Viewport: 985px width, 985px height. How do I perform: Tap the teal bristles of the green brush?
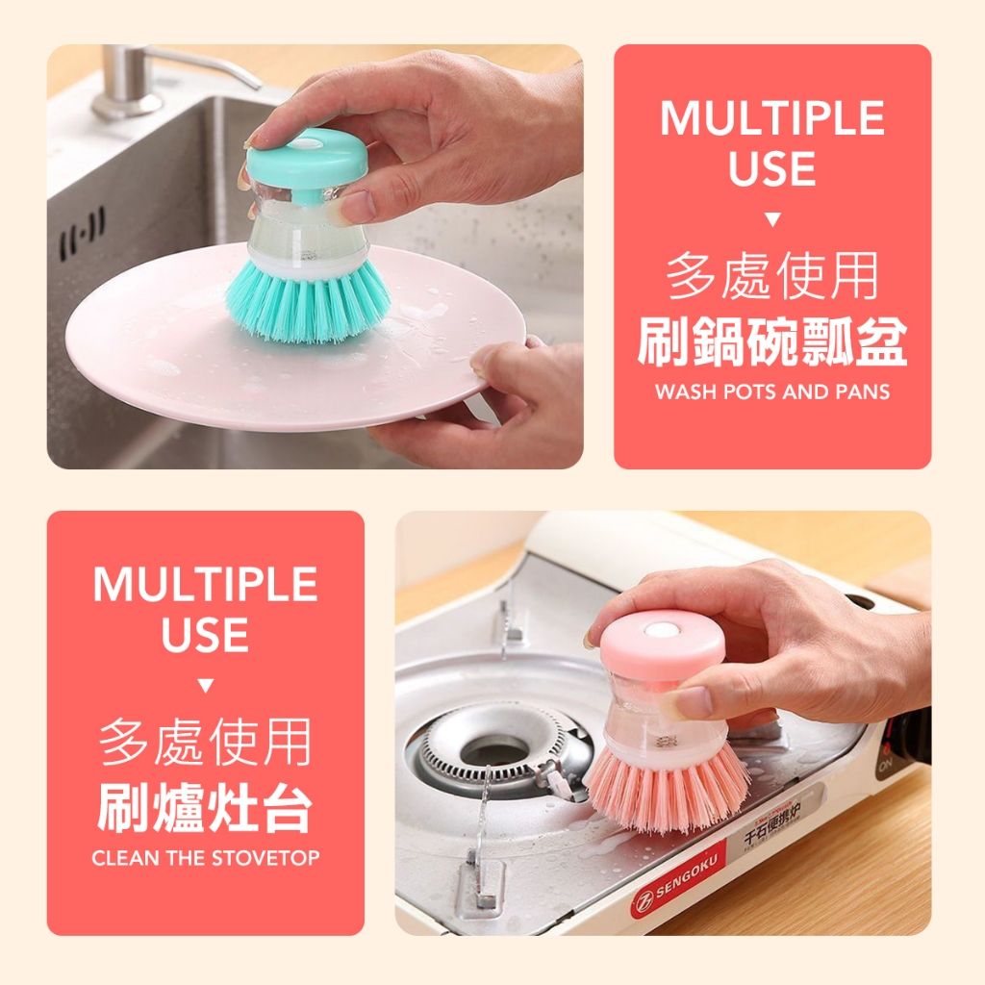(x=308, y=301)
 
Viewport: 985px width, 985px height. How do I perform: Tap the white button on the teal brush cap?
(x=307, y=143)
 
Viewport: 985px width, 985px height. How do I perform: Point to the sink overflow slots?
(x=82, y=233)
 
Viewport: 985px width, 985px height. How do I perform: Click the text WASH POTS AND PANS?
(x=772, y=392)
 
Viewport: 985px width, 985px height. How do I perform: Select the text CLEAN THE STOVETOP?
(x=206, y=858)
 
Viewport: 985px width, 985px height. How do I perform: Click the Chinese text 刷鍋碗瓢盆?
(x=772, y=341)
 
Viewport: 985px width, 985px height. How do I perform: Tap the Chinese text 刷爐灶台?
(x=206, y=807)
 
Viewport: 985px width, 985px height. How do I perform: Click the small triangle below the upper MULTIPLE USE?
(x=772, y=219)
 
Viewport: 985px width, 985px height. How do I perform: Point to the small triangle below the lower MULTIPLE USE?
(x=206, y=685)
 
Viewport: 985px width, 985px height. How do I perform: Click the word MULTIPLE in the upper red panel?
(x=772, y=118)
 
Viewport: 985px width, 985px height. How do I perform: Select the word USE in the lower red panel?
(x=206, y=635)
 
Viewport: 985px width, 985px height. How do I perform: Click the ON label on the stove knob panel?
(x=886, y=765)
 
